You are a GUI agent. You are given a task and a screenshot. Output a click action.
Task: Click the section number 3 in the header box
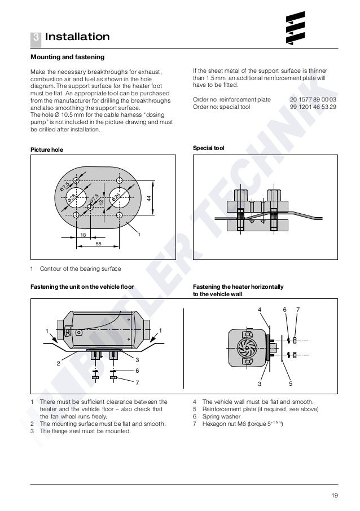click(35, 37)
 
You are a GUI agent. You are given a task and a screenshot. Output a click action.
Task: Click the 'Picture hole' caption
click(46, 149)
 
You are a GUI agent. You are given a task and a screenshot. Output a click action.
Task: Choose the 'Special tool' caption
click(209, 148)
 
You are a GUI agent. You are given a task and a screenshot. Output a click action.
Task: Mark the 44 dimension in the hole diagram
click(148, 198)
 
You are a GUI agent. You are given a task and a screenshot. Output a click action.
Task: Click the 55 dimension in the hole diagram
click(98, 244)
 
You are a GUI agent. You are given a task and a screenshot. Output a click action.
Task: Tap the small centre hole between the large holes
click(90, 206)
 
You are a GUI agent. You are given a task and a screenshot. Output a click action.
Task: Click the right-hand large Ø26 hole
click(118, 197)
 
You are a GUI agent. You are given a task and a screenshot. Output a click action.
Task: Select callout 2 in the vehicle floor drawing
click(57, 363)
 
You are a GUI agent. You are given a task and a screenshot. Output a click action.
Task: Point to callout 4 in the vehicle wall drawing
click(260, 310)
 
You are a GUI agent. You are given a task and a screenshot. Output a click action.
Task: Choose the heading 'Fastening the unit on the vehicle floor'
click(82, 287)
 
